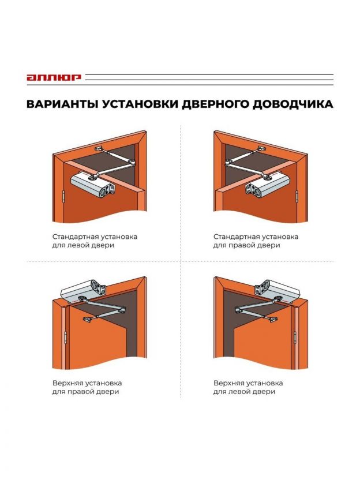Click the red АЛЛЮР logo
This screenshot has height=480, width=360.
[54, 77]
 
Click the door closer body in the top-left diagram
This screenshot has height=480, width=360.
[93, 183]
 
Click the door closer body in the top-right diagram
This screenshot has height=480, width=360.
[267, 185]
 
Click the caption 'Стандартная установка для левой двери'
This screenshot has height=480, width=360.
[95, 241]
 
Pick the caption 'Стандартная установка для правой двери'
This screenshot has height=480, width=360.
[256, 241]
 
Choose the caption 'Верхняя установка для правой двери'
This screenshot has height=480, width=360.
[87, 387]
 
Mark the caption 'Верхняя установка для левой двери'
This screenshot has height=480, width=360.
[248, 387]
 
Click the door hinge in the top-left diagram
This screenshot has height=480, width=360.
[63, 197]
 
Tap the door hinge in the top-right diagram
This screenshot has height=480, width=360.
[297, 196]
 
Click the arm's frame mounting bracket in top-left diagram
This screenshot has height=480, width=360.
[99, 149]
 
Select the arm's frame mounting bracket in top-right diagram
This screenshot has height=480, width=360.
[261, 149]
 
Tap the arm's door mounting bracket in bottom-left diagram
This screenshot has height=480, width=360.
[88, 320]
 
